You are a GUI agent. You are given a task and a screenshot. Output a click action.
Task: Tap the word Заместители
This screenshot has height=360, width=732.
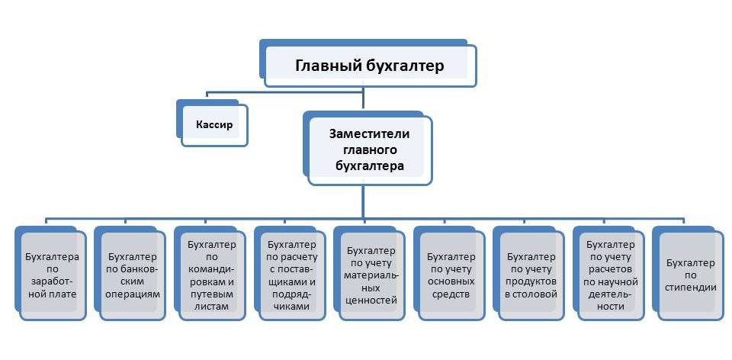point(369,134)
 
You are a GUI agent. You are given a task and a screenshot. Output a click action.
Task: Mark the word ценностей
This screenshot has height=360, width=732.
point(371,301)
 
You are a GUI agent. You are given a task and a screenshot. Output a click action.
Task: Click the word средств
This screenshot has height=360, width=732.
point(451,294)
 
